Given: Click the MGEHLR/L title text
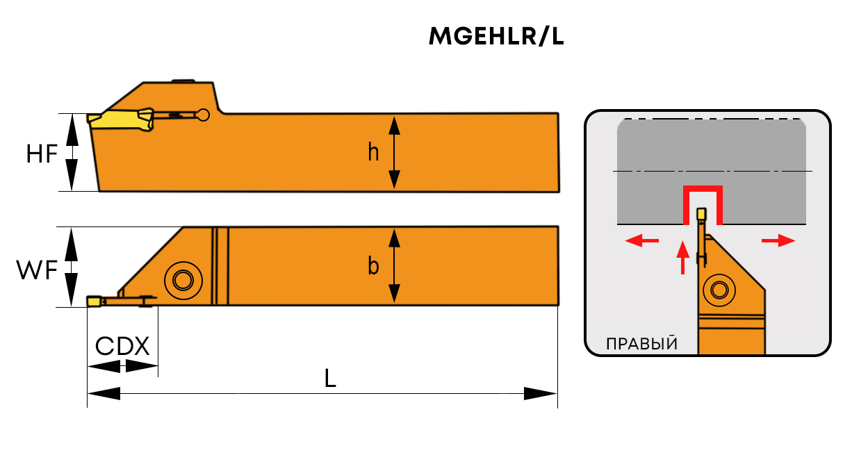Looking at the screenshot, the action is (x=496, y=37).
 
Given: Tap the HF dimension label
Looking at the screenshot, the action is (x=42, y=154).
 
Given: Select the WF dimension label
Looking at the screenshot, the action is (x=37, y=270).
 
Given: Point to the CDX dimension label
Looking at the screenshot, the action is (x=122, y=346).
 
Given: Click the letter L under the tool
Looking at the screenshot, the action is (x=330, y=378).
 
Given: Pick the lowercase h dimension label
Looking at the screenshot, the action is (x=373, y=152).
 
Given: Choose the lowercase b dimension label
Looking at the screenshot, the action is (x=373, y=265).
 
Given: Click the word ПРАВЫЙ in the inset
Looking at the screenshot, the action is (x=641, y=344).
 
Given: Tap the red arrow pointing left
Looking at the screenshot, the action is (x=641, y=240).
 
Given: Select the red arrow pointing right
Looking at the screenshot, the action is (x=778, y=240).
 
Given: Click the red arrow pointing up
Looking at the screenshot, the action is (x=682, y=257).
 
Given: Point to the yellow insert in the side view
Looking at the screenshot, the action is (x=120, y=119).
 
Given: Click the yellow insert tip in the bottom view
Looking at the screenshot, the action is (x=94, y=301).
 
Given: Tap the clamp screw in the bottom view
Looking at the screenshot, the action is (x=183, y=281).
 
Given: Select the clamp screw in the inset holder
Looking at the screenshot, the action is (x=719, y=290).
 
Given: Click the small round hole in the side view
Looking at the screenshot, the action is (x=204, y=115).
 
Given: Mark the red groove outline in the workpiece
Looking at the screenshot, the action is (x=703, y=188).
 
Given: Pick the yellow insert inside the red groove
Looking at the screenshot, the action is (x=701, y=214).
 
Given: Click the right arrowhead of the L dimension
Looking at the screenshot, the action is (x=541, y=393).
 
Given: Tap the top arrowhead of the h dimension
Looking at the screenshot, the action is (x=395, y=126).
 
